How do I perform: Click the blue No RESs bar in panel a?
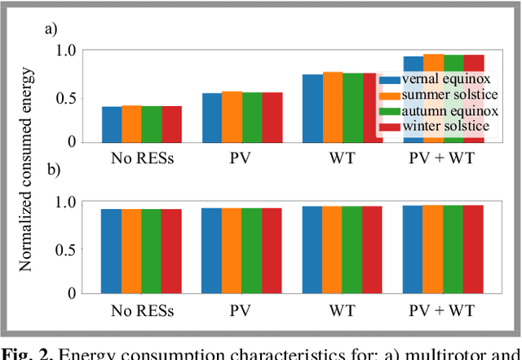point(112,123)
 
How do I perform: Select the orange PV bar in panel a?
point(232,116)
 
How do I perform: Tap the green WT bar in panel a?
point(352,107)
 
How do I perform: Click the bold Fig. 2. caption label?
point(29,353)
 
